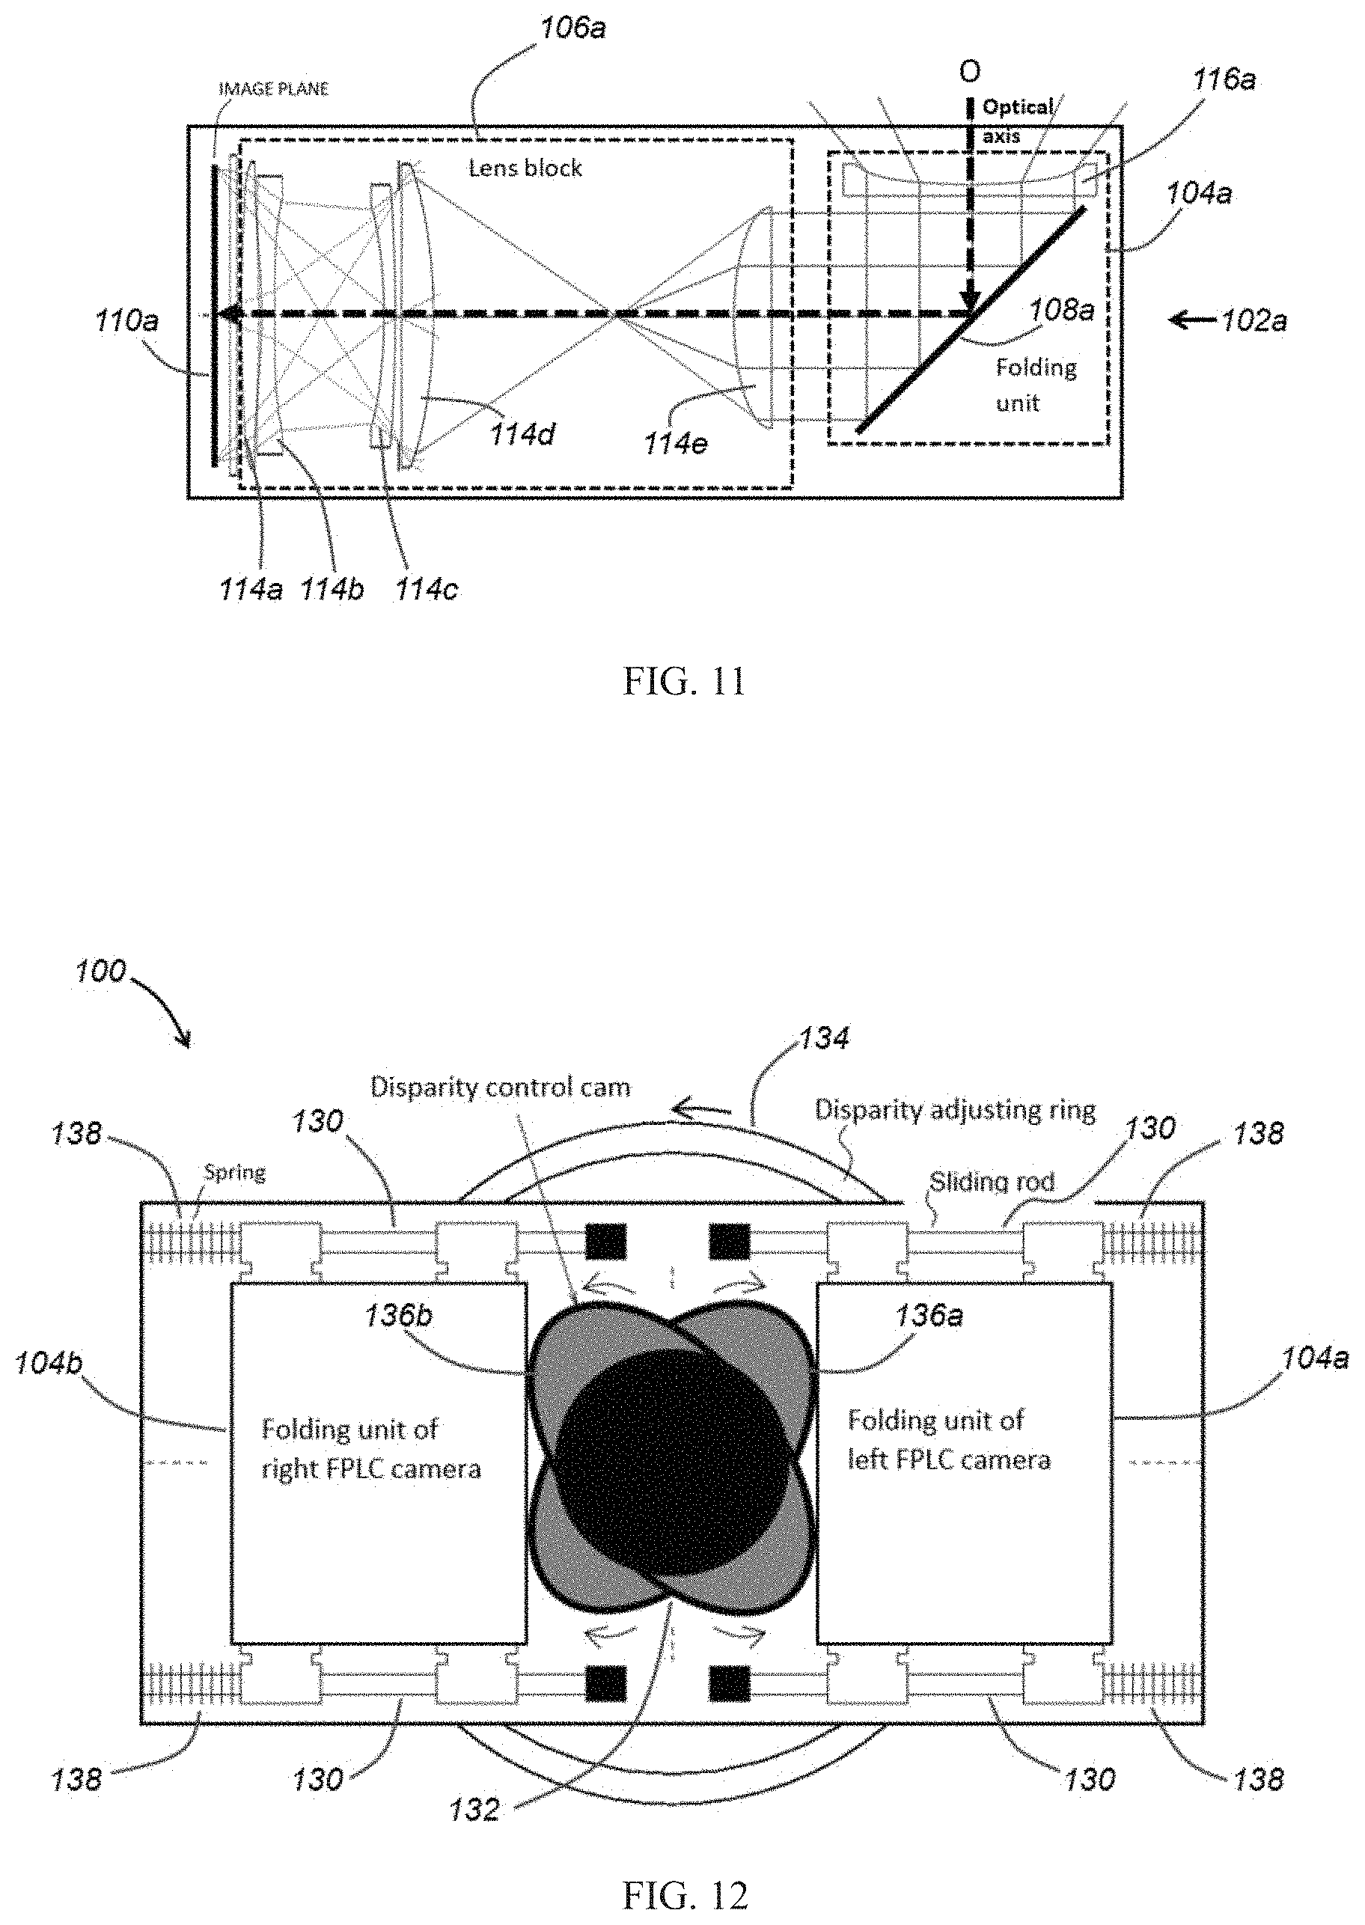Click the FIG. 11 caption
click(x=683, y=682)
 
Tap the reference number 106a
click(x=572, y=28)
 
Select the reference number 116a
click(x=1224, y=80)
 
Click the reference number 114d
click(x=522, y=435)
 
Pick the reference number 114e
click(x=676, y=443)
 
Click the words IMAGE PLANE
click(x=273, y=88)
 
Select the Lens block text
click(x=525, y=168)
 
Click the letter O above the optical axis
click(x=969, y=73)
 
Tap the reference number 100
click(x=100, y=971)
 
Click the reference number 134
click(x=823, y=1038)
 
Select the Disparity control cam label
click(x=500, y=1087)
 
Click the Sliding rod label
click(x=992, y=1182)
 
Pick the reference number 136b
click(x=398, y=1316)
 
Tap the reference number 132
click(x=474, y=1809)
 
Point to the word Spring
click(x=234, y=1172)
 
